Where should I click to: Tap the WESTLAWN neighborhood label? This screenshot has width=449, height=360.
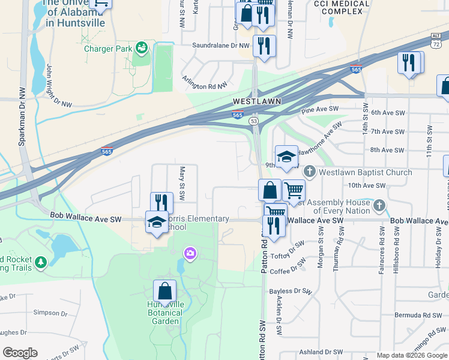coord(257,101)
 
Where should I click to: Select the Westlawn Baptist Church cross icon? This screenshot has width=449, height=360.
coord(309,172)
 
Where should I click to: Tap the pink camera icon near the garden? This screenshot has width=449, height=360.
coord(190,254)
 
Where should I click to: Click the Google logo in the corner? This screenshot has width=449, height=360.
coord(20,353)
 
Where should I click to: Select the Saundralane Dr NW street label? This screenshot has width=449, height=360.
coord(220,45)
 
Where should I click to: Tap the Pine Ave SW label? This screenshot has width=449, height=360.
coord(320,110)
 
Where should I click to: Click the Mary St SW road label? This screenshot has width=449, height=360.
coord(182,183)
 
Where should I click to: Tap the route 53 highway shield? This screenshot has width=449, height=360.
coord(255,121)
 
